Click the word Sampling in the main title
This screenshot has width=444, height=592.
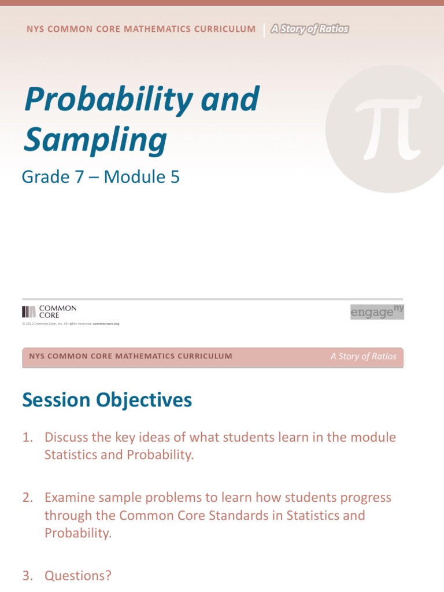95,139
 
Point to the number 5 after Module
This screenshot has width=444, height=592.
175,177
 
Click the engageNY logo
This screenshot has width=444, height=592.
377,312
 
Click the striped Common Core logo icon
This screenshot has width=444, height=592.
28,312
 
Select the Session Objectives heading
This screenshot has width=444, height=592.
107,400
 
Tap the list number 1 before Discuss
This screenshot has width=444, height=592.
27,437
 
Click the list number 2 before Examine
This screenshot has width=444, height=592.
27,497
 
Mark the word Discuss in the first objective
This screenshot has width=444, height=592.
68,437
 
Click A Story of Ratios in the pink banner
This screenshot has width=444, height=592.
363,356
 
